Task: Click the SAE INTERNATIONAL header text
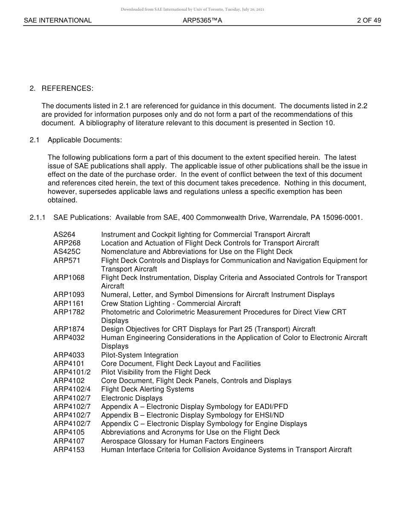pos(58,20)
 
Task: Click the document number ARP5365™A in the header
pos(202,20)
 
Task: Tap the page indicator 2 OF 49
pos(369,20)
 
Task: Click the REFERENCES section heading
pos(67,89)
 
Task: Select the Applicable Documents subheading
pos(85,140)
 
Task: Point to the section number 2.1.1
pos(38,218)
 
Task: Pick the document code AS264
pos(64,235)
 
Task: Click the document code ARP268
pos(67,243)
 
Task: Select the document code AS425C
pos(67,252)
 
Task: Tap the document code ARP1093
pos(69,295)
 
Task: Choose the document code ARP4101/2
pos(72,372)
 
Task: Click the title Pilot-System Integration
pos(139,355)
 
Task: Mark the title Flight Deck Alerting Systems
pos(147,389)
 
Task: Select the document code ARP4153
pos(69,450)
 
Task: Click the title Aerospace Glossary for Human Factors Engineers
pos(182,441)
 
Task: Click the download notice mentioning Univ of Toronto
pos(192,9)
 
